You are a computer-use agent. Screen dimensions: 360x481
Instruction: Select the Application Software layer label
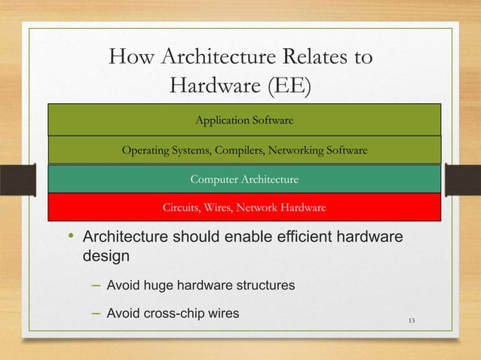pyautogui.click(x=244, y=120)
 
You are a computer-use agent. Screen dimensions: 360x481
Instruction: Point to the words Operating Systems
pyautogui.click(x=166, y=151)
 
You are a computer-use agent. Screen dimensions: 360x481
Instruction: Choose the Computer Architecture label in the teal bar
pyautogui.click(x=244, y=179)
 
